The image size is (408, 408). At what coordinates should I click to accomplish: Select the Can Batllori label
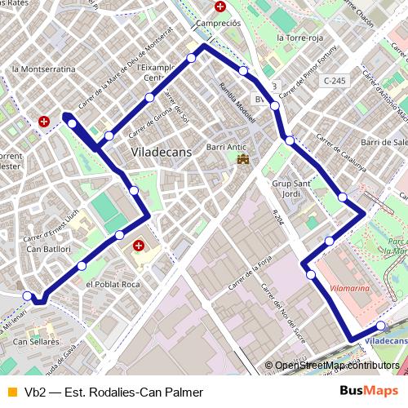[x=49, y=248]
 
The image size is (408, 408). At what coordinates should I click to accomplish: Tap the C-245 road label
[x=334, y=81]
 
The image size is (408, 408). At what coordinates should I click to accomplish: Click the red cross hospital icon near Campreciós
[x=220, y=7]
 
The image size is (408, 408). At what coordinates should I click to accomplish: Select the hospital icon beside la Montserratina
[x=44, y=122]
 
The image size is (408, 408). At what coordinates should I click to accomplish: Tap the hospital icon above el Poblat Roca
[x=138, y=244]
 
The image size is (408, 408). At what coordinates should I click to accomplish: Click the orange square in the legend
[x=11, y=392]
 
